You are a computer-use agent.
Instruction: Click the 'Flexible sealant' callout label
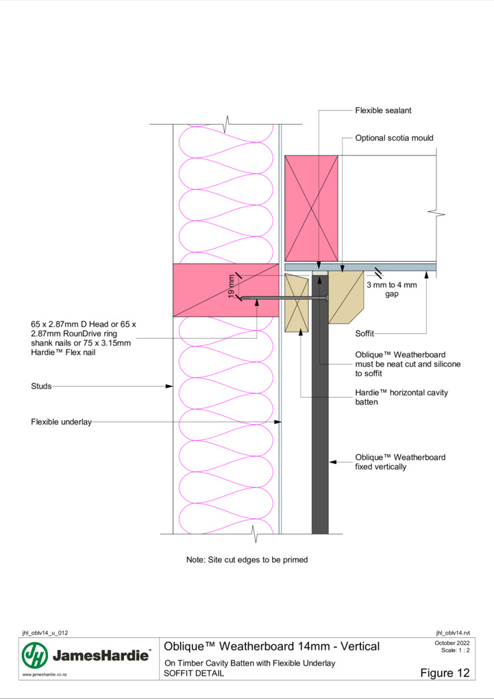click(383, 110)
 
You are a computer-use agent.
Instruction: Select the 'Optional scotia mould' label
click(394, 138)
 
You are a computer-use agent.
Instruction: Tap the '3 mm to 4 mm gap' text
click(391, 289)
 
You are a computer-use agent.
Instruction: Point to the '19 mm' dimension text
click(231, 287)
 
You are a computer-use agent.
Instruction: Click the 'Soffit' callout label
click(365, 334)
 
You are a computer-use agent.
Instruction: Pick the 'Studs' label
click(41, 386)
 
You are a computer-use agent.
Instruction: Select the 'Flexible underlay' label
click(61, 421)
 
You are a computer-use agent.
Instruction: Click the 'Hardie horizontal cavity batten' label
click(402, 397)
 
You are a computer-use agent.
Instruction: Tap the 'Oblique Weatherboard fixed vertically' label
click(400, 462)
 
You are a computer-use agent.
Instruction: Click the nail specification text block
click(84, 339)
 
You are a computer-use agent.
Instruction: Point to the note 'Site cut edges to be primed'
click(247, 559)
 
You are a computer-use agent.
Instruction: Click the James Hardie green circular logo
click(35, 655)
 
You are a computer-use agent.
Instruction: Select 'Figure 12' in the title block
click(445, 673)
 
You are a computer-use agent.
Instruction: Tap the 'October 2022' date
click(452, 643)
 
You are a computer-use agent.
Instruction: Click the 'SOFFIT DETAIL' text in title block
click(193, 673)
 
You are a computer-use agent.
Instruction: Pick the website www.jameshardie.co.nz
click(45, 675)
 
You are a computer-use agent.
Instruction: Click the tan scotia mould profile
click(346, 297)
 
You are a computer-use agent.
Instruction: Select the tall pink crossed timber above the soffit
click(311, 208)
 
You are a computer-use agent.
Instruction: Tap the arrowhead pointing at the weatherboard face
click(332, 462)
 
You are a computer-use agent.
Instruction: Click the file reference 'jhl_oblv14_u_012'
click(45, 633)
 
